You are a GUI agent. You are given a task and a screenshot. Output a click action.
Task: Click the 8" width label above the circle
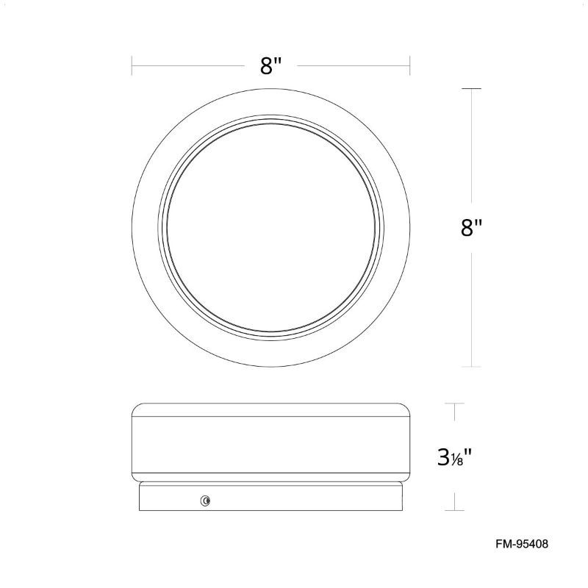[x=270, y=66]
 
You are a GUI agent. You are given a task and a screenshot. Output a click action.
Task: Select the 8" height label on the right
[x=471, y=227]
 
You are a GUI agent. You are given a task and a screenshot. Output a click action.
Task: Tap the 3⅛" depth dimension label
[x=454, y=457]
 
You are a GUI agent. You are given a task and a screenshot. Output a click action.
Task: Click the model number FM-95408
[x=522, y=544]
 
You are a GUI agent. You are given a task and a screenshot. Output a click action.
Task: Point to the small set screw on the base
[x=206, y=501]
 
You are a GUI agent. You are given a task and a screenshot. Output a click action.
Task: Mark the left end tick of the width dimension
[x=132, y=65]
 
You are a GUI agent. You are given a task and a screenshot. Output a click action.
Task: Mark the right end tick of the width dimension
[x=410, y=65]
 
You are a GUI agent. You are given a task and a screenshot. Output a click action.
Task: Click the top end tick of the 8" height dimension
[x=471, y=88]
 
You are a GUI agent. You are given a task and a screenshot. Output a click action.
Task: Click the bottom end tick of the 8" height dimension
[x=471, y=366]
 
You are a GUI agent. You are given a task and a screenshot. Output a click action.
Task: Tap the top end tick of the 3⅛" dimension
[x=454, y=404]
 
